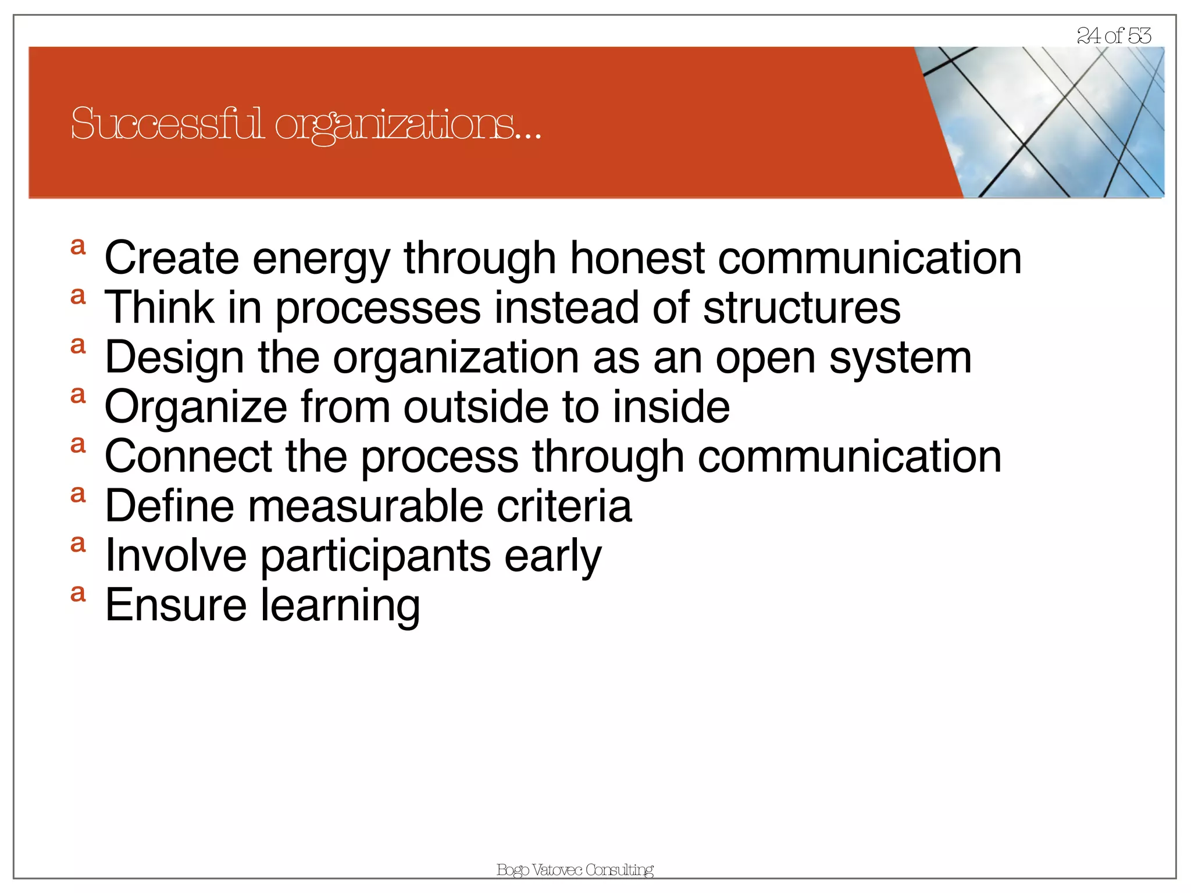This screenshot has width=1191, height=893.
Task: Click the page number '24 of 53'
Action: tap(1114, 36)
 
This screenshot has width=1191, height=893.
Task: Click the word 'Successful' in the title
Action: tap(167, 124)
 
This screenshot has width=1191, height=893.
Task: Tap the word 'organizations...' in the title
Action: tap(408, 126)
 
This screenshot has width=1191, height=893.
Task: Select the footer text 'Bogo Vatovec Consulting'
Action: tap(575, 870)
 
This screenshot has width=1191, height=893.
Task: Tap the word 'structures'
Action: tap(802, 308)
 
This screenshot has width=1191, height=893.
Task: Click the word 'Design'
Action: tap(174, 359)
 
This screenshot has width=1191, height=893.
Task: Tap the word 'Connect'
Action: tap(188, 456)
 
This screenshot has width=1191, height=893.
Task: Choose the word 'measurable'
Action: tap(366, 506)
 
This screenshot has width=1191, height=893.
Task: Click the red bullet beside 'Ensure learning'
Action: tap(78, 594)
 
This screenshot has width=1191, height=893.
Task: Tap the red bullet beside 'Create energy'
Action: tap(78, 247)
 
